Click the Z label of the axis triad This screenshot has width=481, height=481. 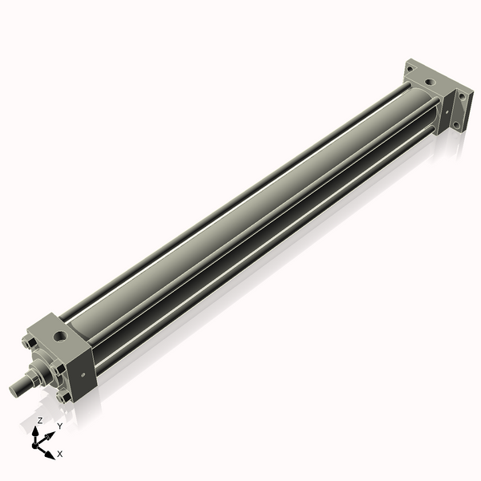[x=40, y=420]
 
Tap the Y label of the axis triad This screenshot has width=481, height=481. [x=59, y=426]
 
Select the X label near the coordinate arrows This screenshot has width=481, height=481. [x=60, y=454]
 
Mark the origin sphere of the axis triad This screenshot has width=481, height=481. [x=38, y=443]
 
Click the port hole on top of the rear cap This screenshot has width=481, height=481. [x=431, y=81]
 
